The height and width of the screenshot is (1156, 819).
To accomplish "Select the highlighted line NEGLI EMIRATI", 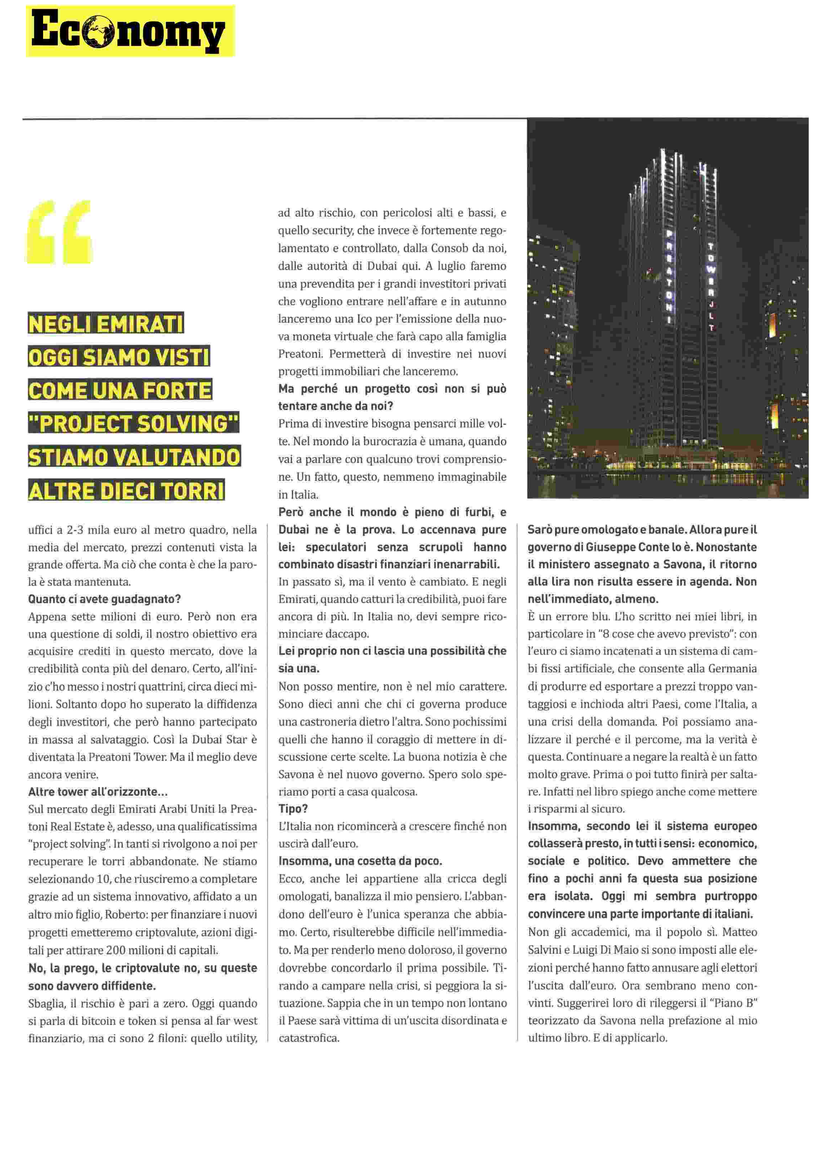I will pos(106,324).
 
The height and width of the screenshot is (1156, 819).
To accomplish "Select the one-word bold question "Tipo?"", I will pos(293,809).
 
